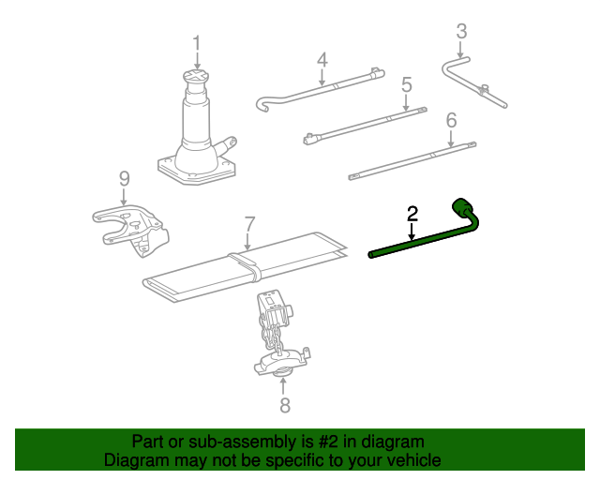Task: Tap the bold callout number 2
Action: pos(412,214)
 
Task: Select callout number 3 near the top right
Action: pos(461,31)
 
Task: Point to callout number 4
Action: pos(322,60)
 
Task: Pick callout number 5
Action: pos(406,84)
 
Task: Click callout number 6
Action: pos(452,120)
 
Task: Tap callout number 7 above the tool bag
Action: pos(248,224)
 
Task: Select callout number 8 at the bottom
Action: pos(285,405)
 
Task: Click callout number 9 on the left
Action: pos(125,178)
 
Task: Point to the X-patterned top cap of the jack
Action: pos(196,75)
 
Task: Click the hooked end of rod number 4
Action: pos(262,105)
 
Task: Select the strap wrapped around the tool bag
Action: pos(246,265)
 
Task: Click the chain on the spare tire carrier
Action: pos(269,332)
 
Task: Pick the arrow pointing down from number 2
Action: pos(412,232)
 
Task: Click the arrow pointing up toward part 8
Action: pos(283,386)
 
